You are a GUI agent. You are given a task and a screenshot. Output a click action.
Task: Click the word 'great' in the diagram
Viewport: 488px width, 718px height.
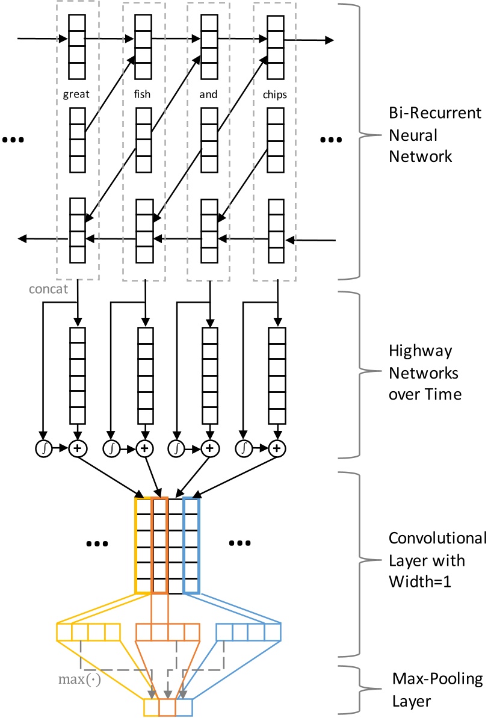[x=77, y=94]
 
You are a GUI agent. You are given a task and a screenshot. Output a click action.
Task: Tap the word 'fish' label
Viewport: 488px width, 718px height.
[x=143, y=94]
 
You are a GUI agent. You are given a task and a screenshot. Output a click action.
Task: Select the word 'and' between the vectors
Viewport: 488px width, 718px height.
[x=208, y=94]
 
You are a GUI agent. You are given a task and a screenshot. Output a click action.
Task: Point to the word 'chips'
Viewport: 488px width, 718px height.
[x=274, y=94]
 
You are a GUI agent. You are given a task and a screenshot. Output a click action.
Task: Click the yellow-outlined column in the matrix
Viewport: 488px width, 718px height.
[x=144, y=545]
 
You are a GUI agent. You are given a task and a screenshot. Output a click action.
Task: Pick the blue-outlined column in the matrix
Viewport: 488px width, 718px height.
[x=191, y=545]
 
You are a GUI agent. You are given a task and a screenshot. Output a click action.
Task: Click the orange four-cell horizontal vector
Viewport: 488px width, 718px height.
[x=167, y=632]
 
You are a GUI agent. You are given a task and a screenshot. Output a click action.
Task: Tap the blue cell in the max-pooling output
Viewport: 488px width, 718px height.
[x=184, y=707]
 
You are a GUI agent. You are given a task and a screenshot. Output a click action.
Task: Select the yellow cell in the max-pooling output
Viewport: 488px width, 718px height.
[x=151, y=707]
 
